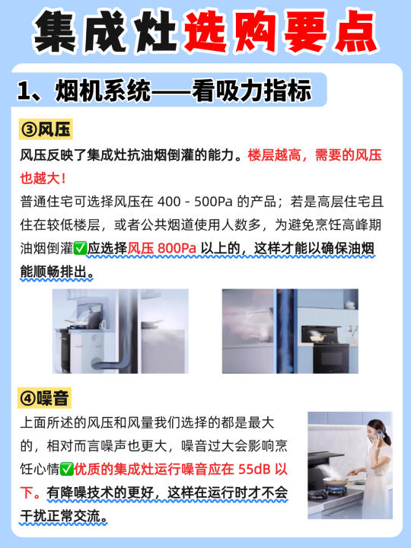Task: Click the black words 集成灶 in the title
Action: (105, 31)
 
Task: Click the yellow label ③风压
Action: (46, 129)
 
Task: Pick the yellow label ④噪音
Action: (44, 398)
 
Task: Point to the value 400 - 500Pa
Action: (195, 202)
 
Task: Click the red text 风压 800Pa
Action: (162, 248)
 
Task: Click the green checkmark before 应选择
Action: (80, 248)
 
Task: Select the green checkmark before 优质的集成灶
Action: (66, 469)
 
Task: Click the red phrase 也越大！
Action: (43, 178)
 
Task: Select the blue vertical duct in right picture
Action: (286, 331)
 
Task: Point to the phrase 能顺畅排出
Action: (53, 272)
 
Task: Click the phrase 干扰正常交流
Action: (60, 515)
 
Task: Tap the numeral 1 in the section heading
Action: (24, 91)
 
